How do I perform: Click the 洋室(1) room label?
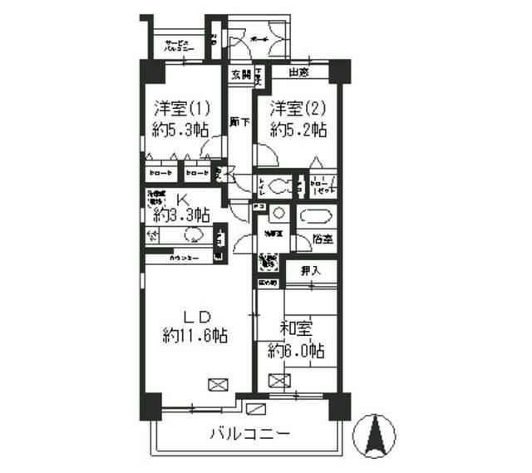[181, 108]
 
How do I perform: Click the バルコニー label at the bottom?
[249, 434]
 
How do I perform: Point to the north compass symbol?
[373, 432]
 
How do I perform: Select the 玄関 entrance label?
[240, 75]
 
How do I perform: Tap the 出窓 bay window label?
[300, 74]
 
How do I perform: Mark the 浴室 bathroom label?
[323, 239]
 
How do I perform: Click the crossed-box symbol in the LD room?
[217, 385]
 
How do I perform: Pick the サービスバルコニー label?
[178, 47]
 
